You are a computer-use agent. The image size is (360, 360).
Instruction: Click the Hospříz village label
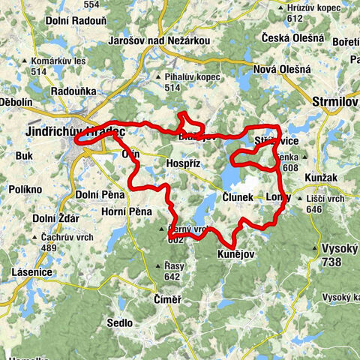click(x=181, y=161)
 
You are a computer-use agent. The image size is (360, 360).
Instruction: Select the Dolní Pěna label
click(x=98, y=195)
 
